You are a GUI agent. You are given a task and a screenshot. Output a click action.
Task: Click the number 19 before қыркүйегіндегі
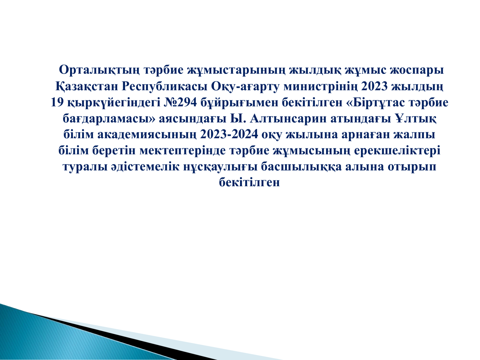[x=57, y=102]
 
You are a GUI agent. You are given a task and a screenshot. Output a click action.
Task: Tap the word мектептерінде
[x=183, y=151]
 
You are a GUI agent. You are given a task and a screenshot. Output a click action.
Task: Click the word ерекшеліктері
[x=397, y=151]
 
